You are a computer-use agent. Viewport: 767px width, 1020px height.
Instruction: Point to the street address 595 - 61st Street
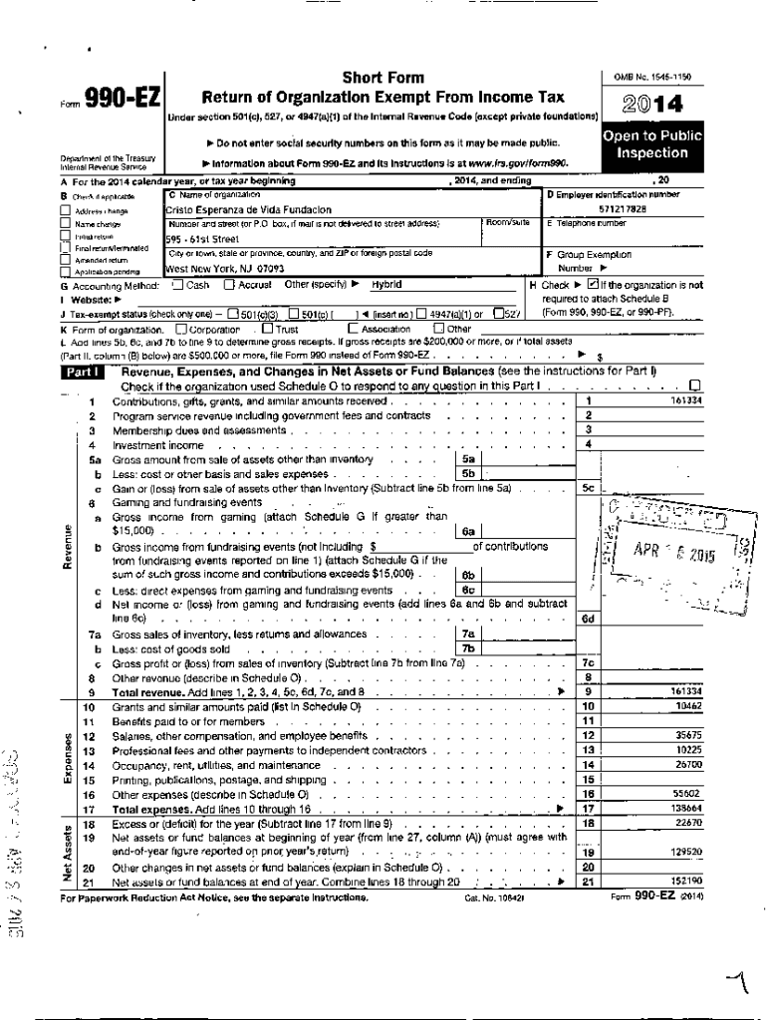[x=202, y=239]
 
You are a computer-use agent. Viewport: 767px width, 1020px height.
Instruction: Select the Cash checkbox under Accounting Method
[x=177, y=284]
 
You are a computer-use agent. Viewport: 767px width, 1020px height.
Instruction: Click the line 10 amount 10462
[x=688, y=706]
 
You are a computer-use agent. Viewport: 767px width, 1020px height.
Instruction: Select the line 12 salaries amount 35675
[x=688, y=735]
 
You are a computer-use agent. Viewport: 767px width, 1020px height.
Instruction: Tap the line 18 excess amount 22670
[x=688, y=823]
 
